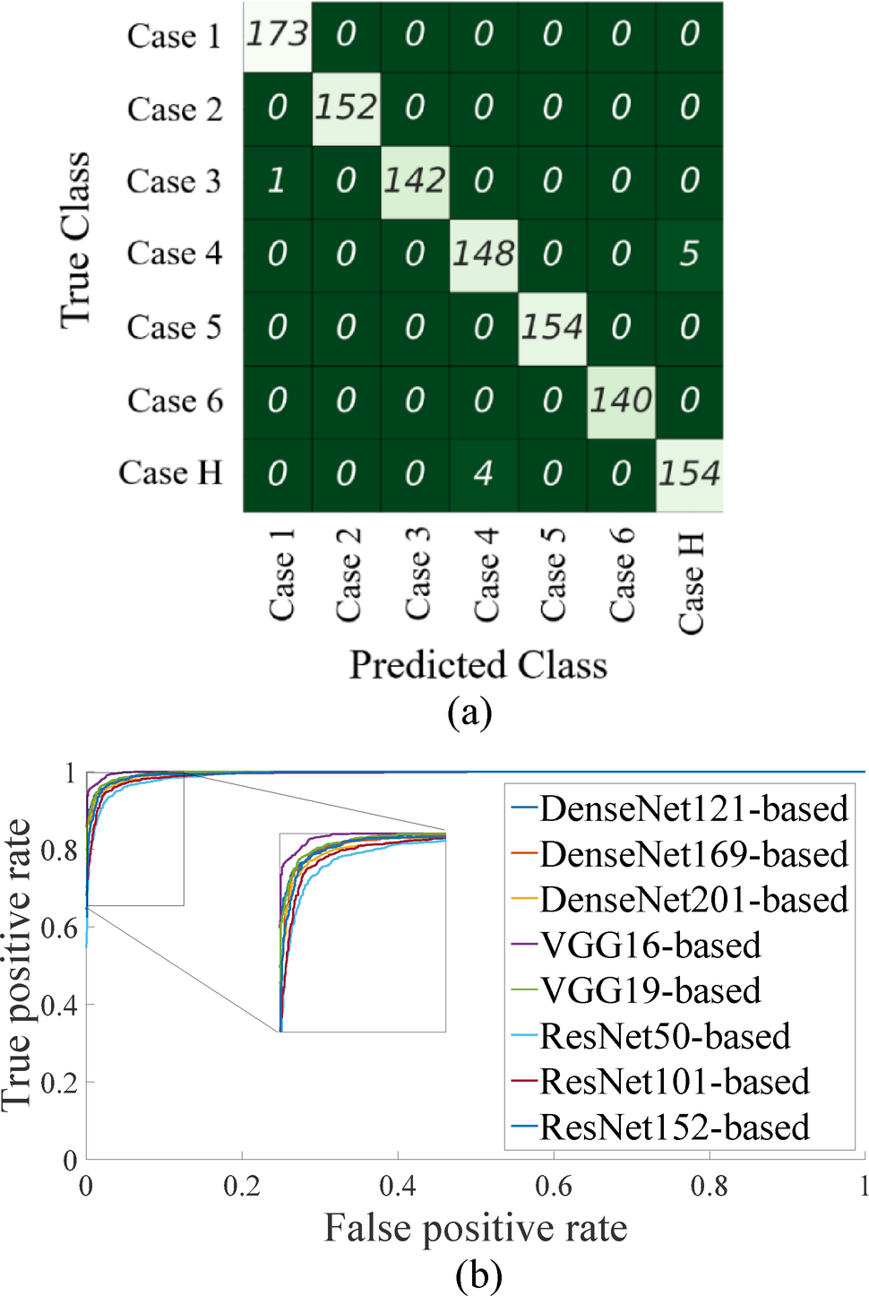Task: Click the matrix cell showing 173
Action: pos(277,35)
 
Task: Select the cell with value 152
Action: pos(346,108)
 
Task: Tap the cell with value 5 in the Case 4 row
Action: pos(689,255)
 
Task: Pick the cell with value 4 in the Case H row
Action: pos(483,473)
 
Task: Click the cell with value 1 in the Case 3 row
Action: pos(277,181)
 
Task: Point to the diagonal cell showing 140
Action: pos(621,401)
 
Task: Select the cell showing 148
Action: pos(483,255)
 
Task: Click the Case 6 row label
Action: pos(175,401)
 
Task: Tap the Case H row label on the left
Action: pos(170,473)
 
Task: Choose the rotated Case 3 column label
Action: pos(417,574)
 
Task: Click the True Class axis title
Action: pos(75,240)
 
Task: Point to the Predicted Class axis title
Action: pos(478,665)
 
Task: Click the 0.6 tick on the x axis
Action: pos(553,1187)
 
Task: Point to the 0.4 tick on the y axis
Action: pos(59,1006)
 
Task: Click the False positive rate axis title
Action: pos(475,1229)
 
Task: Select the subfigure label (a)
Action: pos(469,713)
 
